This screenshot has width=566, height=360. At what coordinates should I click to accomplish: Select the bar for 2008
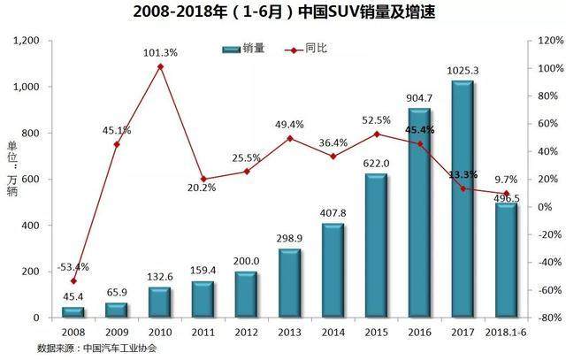tap(73, 312)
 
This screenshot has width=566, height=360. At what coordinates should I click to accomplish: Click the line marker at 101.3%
tap(160, 66)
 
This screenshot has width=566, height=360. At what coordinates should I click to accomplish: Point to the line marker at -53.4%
tap(73, 280)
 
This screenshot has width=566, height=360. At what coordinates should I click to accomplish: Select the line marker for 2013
tap(290, 138)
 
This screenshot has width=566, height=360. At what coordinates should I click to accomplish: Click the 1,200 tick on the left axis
tap(28, 41)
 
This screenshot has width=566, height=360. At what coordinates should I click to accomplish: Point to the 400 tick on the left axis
tap(34, 226)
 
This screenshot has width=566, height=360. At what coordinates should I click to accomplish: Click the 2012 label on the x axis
tap(247, 333)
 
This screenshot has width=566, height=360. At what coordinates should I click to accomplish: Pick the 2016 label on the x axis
tap(420, 333)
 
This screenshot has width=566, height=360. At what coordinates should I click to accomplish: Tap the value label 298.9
tap(290, 239)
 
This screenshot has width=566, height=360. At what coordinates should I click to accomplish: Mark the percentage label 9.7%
tap(505, 180)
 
